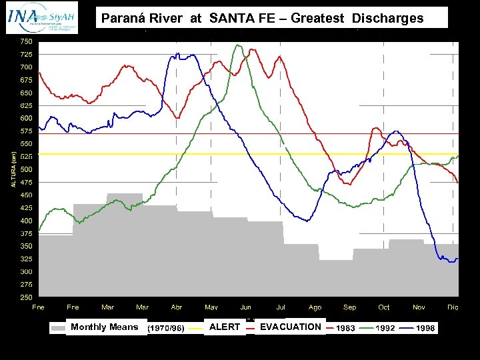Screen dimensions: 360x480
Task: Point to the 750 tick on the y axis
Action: (25, 41)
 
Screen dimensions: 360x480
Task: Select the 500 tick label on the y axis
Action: (25, 169)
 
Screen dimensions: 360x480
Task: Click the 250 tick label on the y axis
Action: (25, 297)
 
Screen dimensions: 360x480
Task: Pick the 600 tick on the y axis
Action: (25, 118)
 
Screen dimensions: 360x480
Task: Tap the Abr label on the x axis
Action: (177, 307)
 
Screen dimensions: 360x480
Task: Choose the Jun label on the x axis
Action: (246, 307)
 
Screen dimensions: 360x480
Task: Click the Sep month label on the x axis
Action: (349, 307)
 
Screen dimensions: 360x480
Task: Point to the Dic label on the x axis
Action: (453, 307)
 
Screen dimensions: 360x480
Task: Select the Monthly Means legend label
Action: (105, 327)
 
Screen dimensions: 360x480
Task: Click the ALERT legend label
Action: (225, 327)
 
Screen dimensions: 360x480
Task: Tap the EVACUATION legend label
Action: (291, 327)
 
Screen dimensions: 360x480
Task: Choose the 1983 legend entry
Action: (345, 328)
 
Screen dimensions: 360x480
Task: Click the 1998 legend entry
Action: (425, 328)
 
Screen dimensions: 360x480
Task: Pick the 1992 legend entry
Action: (385, 328)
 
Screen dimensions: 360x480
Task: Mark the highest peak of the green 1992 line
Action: (238, 45)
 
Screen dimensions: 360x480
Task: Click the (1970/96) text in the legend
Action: (166, 328)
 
